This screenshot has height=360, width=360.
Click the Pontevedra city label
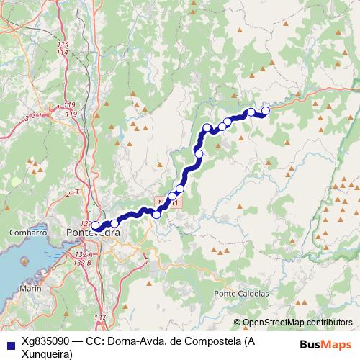[x=93, y=233]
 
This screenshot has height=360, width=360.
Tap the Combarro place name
[x=28, y=233]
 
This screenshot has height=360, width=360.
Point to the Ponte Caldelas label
[x=241, y=294]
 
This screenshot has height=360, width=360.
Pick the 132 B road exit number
[x=84, y=263]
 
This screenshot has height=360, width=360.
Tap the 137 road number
[x=100, y=318]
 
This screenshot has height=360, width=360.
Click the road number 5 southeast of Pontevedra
[x=145, y=261]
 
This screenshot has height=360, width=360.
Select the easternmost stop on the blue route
[x=265, y=110]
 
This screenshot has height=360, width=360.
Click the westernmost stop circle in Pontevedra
[x=95, y=225]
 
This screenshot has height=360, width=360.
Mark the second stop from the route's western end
[x=114, y=223]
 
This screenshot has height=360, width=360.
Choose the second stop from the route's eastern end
[x=251, y=112]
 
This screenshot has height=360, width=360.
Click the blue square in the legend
[x=8, y=342]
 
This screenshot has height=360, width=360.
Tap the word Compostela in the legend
[x=207, y=341]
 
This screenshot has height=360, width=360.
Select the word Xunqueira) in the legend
[x=48, y=354]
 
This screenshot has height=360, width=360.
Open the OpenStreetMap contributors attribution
[x=297, y=323]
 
